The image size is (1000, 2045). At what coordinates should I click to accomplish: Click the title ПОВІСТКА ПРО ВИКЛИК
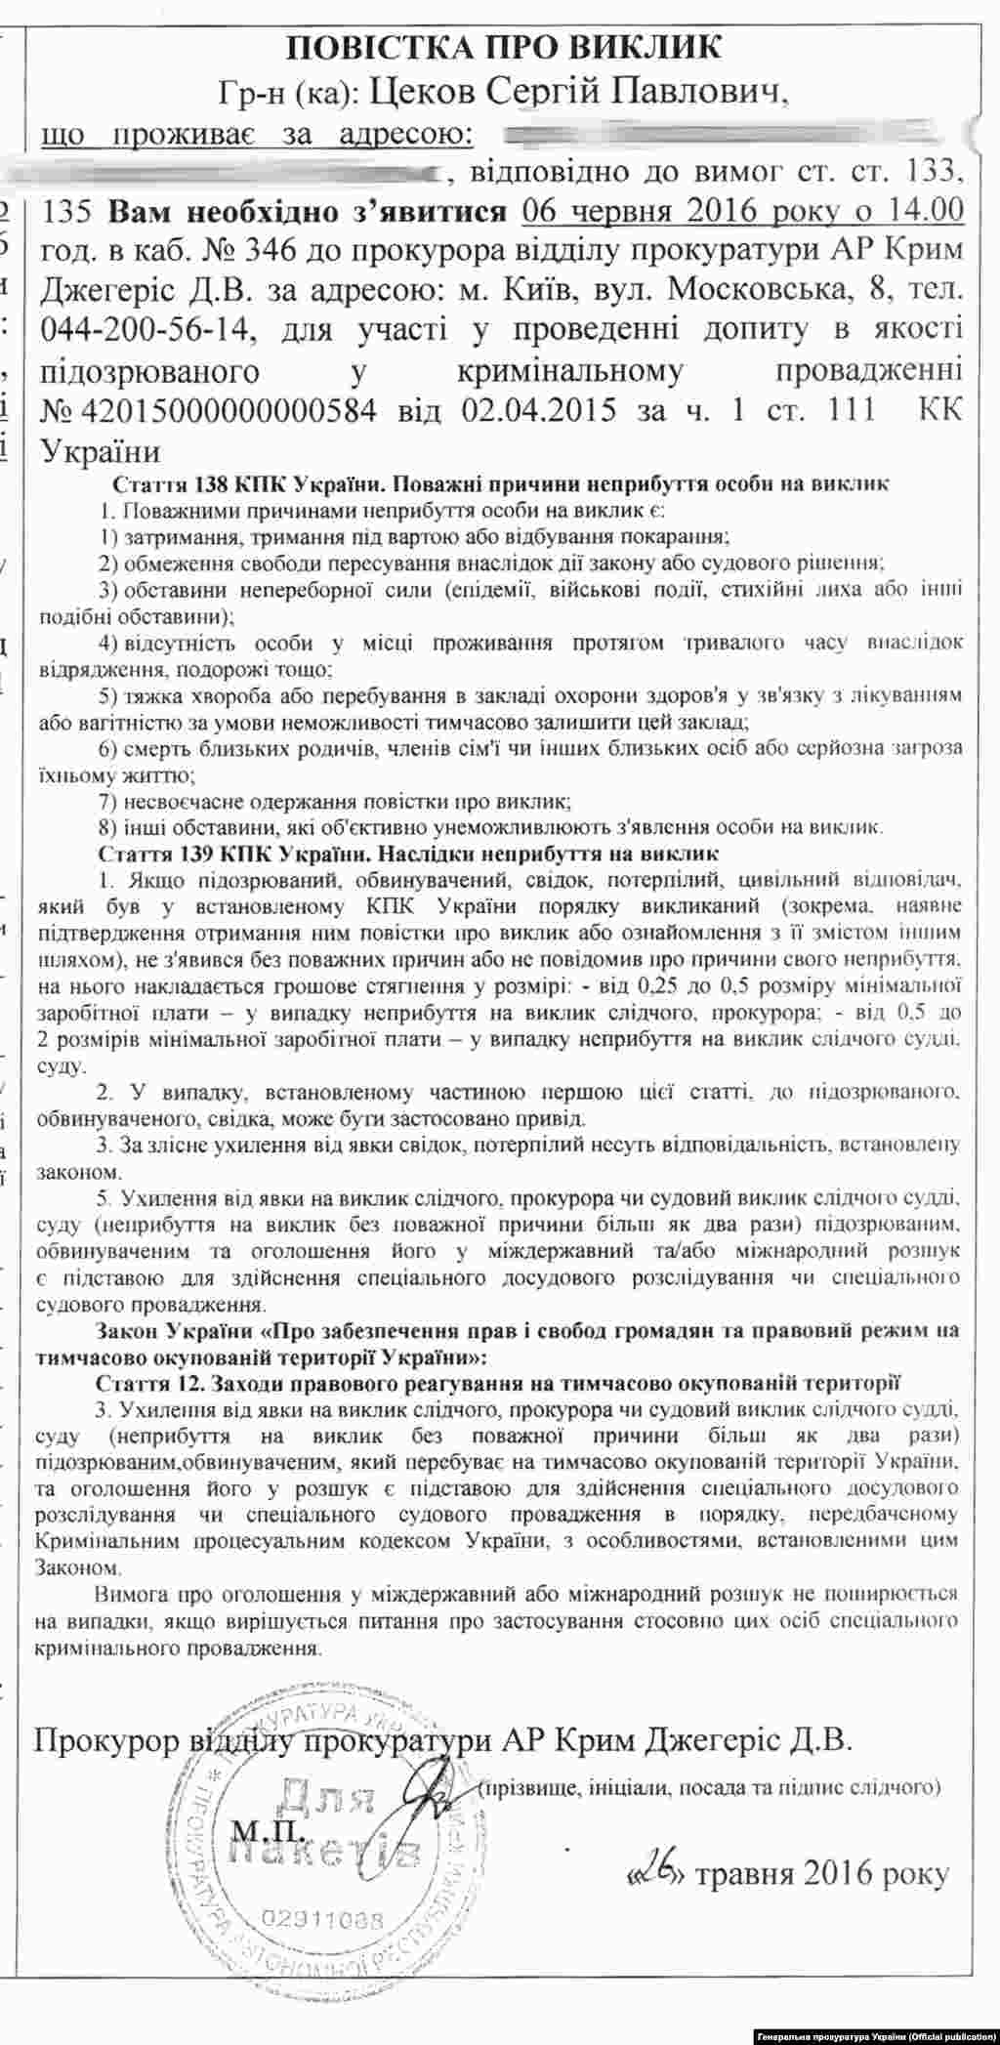pos(505,47)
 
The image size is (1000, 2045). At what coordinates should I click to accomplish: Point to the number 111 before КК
pos(846,410)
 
